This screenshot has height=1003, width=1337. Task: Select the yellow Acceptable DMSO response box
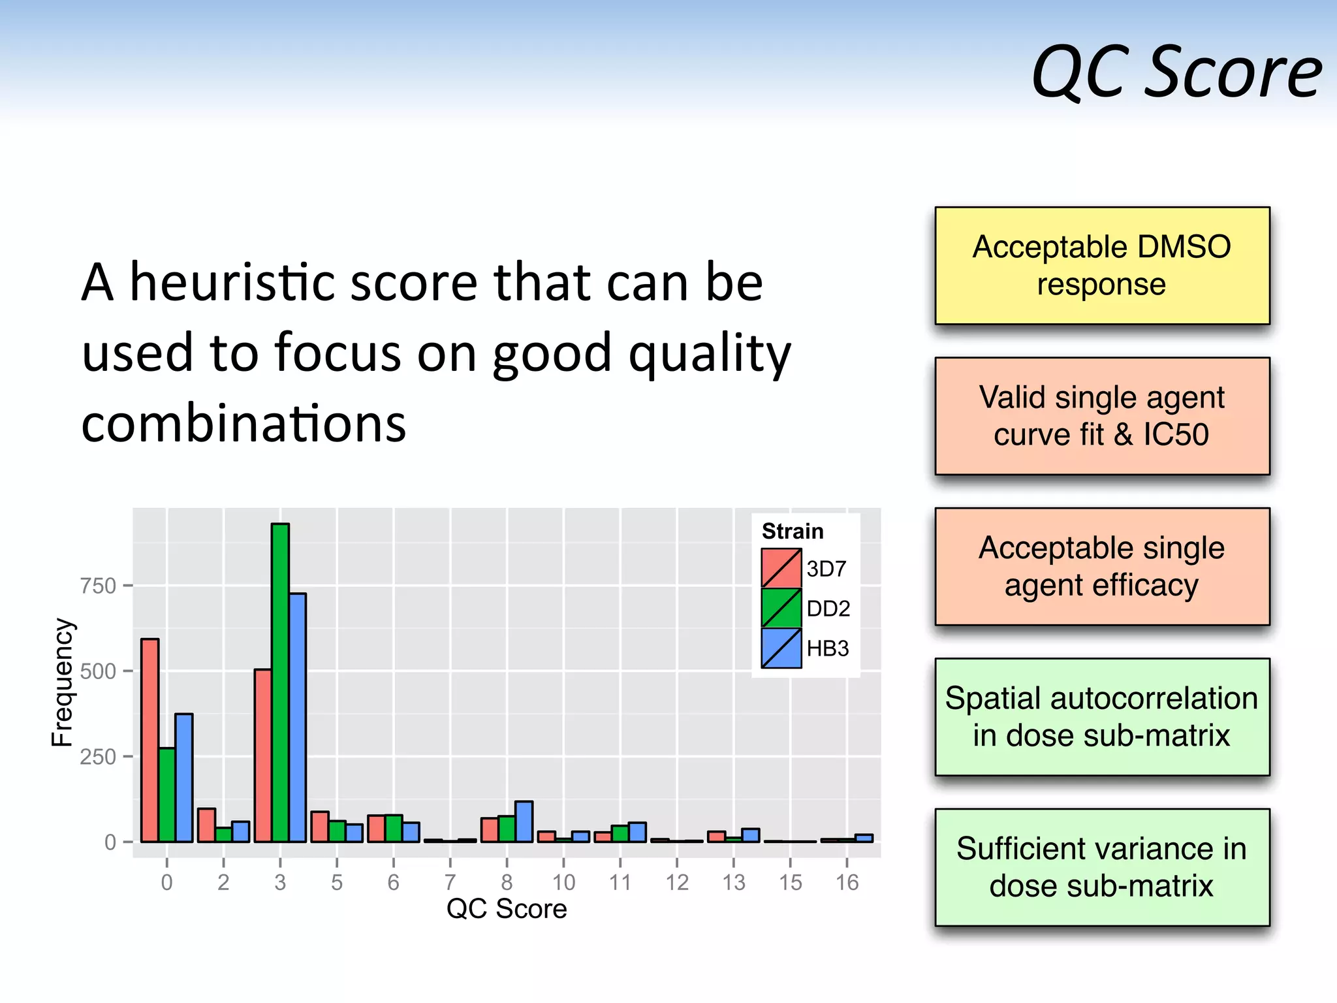[1102, 266]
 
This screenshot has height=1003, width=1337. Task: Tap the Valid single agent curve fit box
[1102, 416]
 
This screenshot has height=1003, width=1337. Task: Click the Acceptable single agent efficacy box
[1102, 566]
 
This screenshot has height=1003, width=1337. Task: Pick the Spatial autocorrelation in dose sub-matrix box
[1102, 717]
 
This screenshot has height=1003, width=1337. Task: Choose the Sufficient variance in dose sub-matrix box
[1102, 867]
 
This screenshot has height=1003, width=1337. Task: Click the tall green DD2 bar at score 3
[280, 682]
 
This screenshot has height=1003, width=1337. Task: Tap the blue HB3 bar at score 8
[524, 821]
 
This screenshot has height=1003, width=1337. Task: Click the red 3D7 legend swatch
[781, 568]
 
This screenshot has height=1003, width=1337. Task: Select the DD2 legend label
[828, 609]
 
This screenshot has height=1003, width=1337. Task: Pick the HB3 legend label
[827, 648]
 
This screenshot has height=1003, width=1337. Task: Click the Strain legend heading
[793, 531]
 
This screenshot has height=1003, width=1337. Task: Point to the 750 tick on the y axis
[98, 586]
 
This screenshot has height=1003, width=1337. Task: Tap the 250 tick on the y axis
[98, 757]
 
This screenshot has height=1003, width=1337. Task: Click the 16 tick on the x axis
[847, 882]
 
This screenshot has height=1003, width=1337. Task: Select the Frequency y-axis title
[63, 682]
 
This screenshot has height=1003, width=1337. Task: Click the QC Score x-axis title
[507, 908]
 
